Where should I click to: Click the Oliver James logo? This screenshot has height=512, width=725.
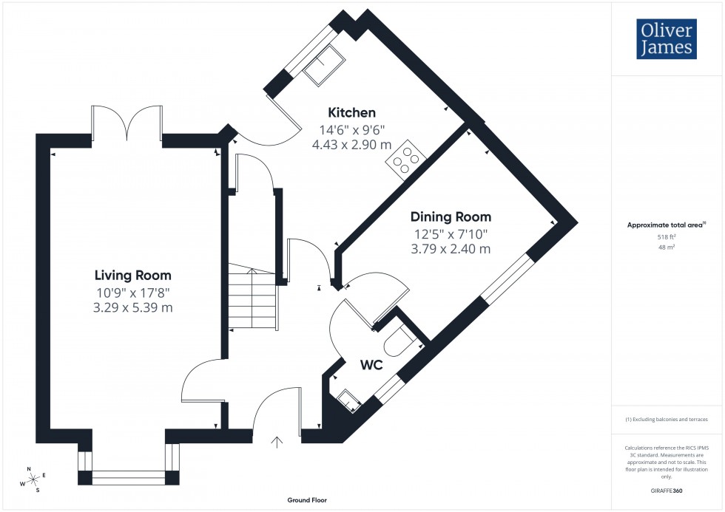pos(667,39)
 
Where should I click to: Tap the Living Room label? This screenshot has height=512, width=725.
pos(133,275)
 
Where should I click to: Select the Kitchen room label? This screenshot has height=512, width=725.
pos(352,113)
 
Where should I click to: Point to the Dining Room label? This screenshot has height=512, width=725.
pos(451,217)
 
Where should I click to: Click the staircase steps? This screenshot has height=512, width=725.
pos(252,299)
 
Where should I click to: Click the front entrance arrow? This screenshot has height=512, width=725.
pos(277,443)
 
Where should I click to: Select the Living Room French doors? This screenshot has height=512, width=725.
pos(127,123)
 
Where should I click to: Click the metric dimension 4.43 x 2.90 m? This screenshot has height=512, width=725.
pos(352,144)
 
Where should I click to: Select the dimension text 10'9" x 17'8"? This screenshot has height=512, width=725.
pos(133,292)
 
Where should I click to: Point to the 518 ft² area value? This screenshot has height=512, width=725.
pos(667,237)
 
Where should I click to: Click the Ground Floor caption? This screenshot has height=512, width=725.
pos(307,500)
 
